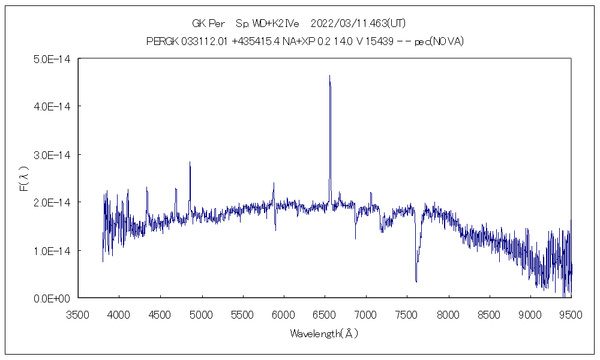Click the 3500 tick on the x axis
pyautogui.click(x=79, y=313)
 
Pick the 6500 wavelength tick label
pyautogui.click(x=325, y=313)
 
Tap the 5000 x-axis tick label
pyautogui.click(x=202, y=313)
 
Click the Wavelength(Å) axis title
pyautogui.click(x=324, y=334)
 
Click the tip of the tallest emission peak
pyautogui.click(x=329, y=76)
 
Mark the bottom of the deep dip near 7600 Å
pyautogui.click(x=416, y=281)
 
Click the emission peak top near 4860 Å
pyautogui.click(x=190, y=162)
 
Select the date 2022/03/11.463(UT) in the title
pyautogui.click(x=358, y=24)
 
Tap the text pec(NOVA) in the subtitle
pyautogui.click(x=439, y=42)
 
